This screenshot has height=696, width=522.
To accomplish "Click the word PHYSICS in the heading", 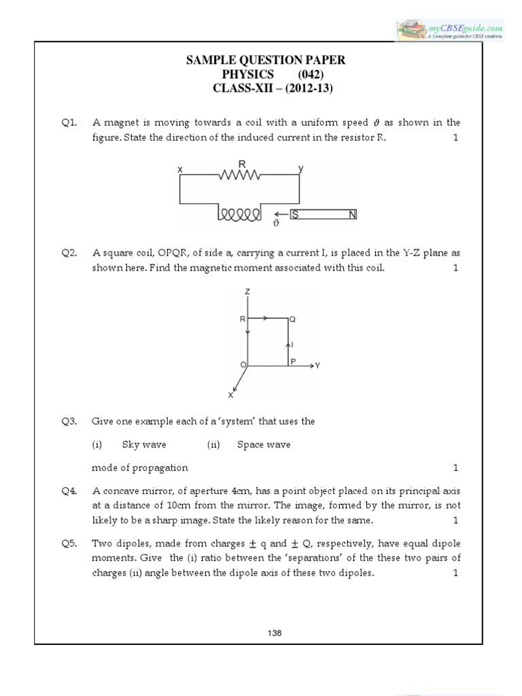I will [247, 74].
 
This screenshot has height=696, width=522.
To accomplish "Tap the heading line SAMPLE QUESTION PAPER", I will [266, 60].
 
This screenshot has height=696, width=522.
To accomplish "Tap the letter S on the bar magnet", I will [294, 215].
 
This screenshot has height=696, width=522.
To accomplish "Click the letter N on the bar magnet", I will [352, 215].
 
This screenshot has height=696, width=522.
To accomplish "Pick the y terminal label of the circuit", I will [300, 167].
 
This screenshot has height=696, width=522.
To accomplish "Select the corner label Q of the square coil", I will [292, 318].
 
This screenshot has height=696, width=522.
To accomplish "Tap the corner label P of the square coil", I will [293, 362].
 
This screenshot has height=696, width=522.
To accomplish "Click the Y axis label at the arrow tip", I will [317, 366].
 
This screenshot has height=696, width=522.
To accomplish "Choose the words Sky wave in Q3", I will [144, 445].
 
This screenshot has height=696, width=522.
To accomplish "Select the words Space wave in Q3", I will [264, 445].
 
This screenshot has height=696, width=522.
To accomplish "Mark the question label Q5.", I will [68, 544].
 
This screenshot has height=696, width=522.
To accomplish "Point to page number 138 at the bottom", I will [275, 632].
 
